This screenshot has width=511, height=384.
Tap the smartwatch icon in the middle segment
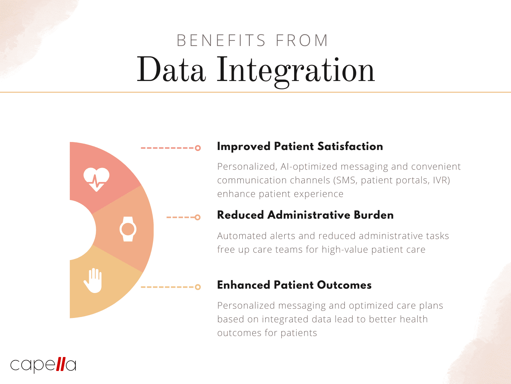(128, 229)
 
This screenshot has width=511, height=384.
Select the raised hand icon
(93, 280)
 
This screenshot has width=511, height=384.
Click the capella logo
(43, 365)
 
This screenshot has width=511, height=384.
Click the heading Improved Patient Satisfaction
(300, 146)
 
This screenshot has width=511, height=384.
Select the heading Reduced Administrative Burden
(305, 215)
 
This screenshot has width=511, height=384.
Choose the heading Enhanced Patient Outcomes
(294, 285)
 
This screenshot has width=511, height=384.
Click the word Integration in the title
(295, 70)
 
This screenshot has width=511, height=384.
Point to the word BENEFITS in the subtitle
(221, 41)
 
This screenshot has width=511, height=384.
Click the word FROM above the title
(302, 41)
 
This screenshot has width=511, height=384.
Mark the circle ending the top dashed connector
(198, 148)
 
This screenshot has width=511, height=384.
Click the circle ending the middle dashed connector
(198, 217)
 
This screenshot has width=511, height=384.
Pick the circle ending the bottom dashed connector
(198, 287)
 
